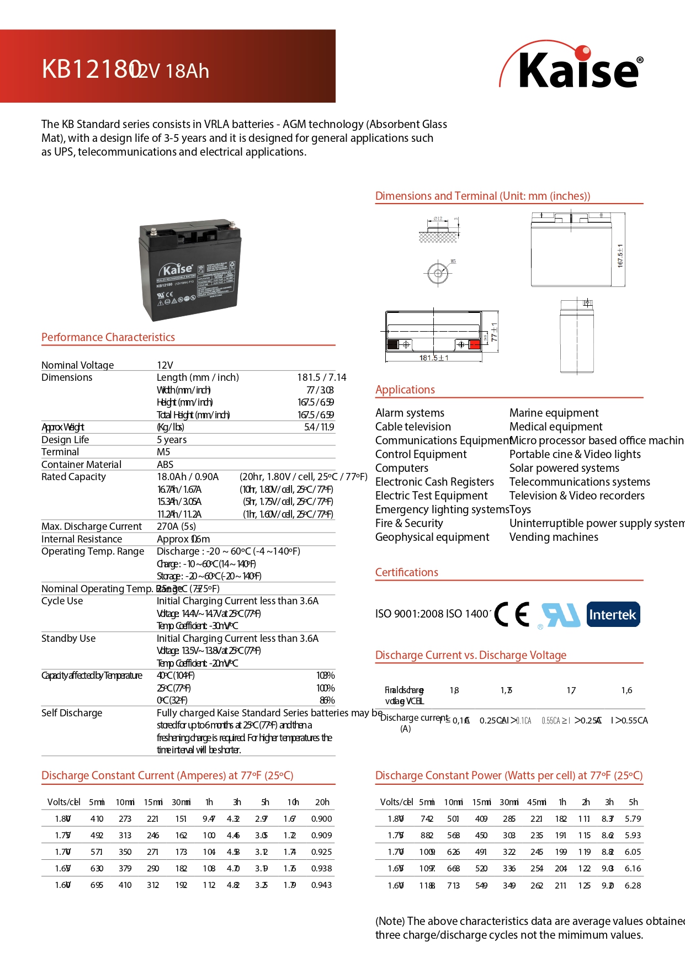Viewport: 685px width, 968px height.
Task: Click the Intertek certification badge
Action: [x=613, y=614]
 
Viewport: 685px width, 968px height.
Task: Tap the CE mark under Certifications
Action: [x=512, y=614]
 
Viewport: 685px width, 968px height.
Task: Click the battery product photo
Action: [x=190, y=269]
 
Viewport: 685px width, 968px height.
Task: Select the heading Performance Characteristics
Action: [x=108, y=337]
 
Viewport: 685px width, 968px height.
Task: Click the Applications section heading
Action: [x=405, y=390]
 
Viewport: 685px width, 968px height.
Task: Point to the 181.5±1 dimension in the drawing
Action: [x=434, y=358]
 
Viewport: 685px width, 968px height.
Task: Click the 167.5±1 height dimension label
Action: [x=620, y=256]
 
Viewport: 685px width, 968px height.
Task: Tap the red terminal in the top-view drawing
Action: [x=474, y=345]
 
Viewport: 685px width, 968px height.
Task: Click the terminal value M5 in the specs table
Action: [x=163, y=452]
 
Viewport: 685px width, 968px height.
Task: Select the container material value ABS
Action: [x=165, y=465]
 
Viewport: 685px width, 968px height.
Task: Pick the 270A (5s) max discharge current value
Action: [x=176, y=526]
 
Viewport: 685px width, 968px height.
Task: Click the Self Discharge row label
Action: [x=72, y=713]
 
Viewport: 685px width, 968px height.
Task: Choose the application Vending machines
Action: [x=554, y=537]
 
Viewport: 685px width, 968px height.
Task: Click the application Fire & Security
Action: [x=409, y=523]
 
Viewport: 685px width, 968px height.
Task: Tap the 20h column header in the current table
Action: [x=322, y=802]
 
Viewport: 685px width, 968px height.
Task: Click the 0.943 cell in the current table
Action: [x=321, y=885]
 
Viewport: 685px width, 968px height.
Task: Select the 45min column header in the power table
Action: [x=536, y=802]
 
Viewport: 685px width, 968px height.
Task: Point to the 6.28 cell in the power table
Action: [x=633, y=885]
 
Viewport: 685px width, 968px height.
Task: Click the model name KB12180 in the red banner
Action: [x=89, y=70]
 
